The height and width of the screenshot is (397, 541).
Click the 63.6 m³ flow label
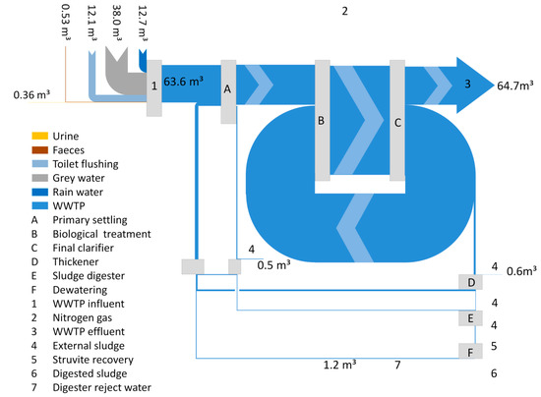click(184, 85)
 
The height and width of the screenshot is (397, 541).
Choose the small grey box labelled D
click(471, 283)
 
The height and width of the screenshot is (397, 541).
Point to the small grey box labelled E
click(471, 317)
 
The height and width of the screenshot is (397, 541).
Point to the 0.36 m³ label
click(32, 95)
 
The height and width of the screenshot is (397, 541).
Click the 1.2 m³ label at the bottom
click(339, 366)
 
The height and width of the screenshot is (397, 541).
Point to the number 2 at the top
click(344, 11)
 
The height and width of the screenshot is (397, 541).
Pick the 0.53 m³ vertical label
click(65, 25)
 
